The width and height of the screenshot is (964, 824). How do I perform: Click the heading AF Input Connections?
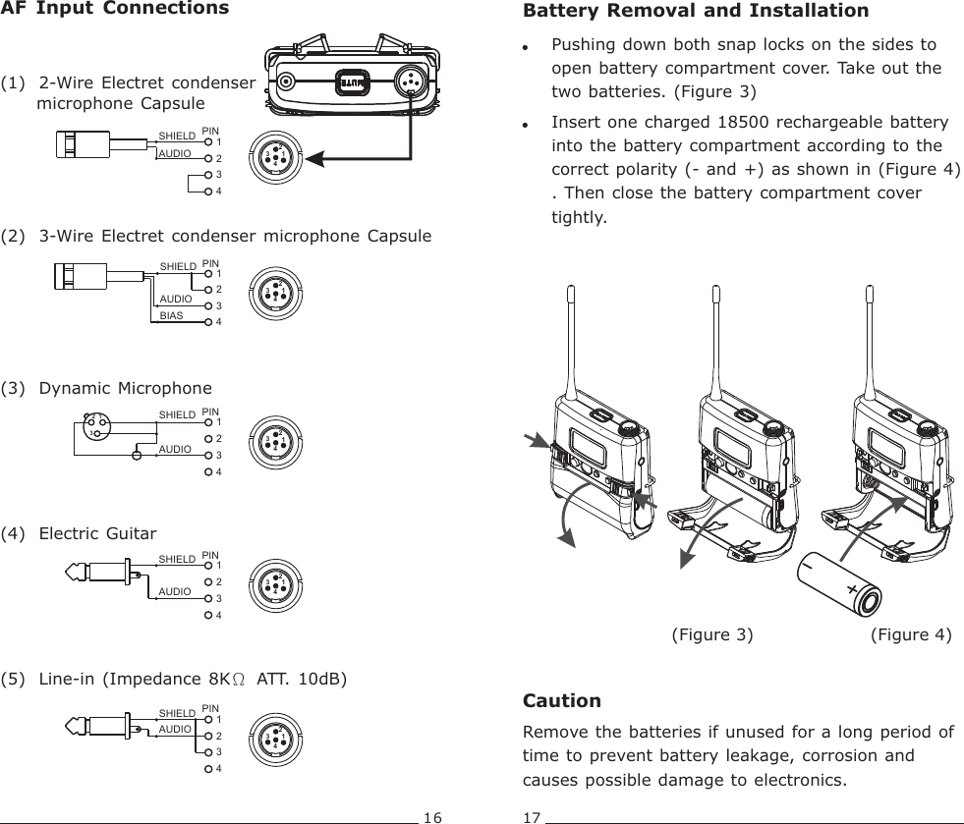click(114, 10)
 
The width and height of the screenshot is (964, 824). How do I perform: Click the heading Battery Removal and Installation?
click(696, 12)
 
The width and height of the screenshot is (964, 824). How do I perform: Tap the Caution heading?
click(562, 700)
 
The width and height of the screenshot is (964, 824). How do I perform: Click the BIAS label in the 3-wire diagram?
click(172, 317)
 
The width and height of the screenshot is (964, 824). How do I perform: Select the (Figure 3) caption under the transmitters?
click(711, 634)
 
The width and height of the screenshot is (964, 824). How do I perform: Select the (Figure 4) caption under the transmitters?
click(911, 634)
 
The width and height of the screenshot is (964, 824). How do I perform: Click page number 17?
click(532, 815)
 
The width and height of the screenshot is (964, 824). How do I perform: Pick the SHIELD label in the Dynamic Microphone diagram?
click(177, 415)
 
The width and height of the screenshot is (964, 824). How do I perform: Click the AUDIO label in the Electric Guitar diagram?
click(174, 592)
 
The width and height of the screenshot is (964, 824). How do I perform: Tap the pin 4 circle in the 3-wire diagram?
click(207, 322)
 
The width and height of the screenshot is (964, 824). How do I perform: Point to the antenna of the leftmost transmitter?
click(570, 334)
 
